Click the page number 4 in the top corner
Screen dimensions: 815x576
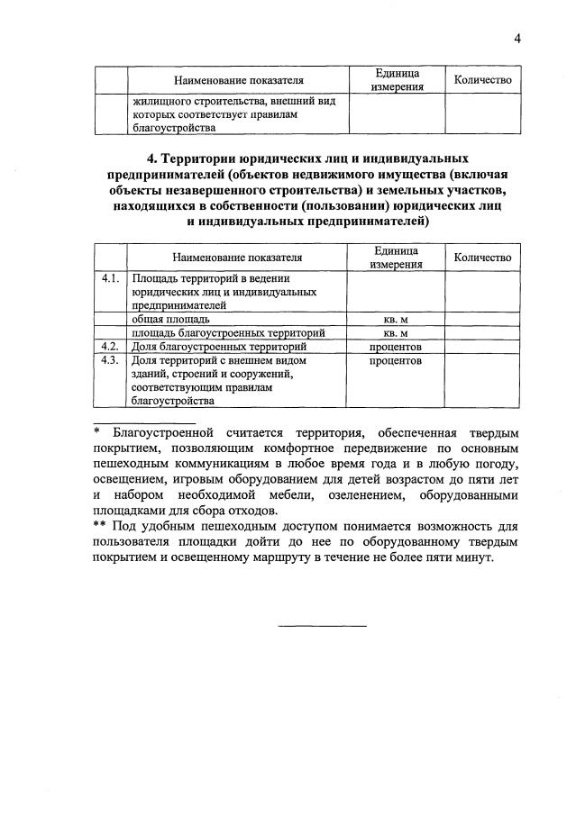(x=517, y=37)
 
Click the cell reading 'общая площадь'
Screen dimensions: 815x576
(x=171, y=319)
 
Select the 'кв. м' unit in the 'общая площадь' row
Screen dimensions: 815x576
(x=396, y=319)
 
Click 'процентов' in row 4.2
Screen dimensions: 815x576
(x=396, y=346)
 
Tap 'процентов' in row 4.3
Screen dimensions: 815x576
(x=396, y=360)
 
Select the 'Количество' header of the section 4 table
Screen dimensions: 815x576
(x=483, y=258)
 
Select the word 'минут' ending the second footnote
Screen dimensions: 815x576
(x=472, y=557)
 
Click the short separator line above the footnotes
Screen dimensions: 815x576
(x=143, y=421)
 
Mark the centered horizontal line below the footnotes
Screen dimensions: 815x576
(x=322, y=624)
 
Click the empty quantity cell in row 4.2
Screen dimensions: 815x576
(x=483, y=346)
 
